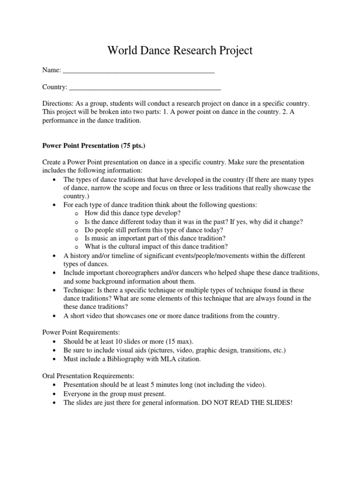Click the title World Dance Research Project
(x=180, y=51)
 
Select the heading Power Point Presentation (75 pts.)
(x=88, y=145)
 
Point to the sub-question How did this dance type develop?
(x=133, y=213)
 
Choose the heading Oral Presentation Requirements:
(x=88, y=375)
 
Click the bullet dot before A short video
(x=56, y=316)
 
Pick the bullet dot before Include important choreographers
(x=56, y=273)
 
